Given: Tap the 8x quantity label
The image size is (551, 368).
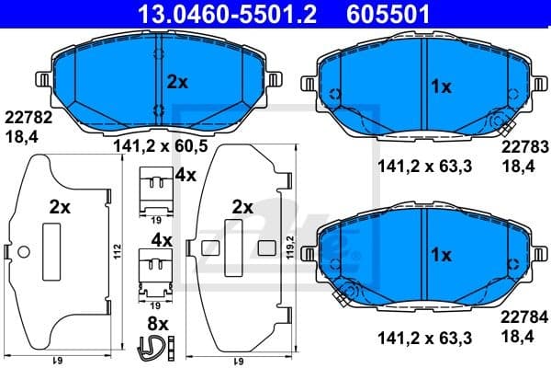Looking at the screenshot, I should coord(158,324).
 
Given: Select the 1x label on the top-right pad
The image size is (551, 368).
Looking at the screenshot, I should coord(441,87).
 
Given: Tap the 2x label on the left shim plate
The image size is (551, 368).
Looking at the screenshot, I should coord(60,208).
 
